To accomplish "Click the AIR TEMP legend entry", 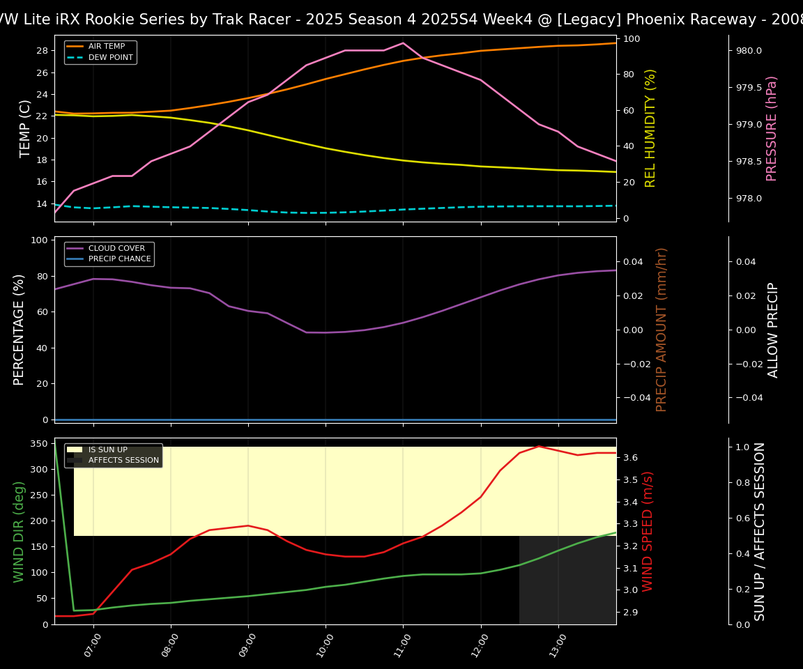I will (106, 47).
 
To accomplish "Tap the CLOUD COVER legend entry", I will (116, 248).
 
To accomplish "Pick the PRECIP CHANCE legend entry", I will (119, 259).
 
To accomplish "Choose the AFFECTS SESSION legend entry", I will (123, 461).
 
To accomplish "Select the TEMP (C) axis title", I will (26, 128).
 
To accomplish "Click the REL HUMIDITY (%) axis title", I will (651, 128).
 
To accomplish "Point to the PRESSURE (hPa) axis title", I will (772, 128).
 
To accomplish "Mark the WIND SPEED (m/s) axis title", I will (648, 531).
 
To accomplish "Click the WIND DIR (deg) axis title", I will (20, 531).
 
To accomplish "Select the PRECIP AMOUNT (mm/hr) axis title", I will (662, 330).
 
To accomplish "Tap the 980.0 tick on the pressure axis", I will (744, 51).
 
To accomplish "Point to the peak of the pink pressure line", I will (403, 43).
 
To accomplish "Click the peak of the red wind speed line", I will (539, 446).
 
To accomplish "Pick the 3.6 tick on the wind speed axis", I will (630, 458).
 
